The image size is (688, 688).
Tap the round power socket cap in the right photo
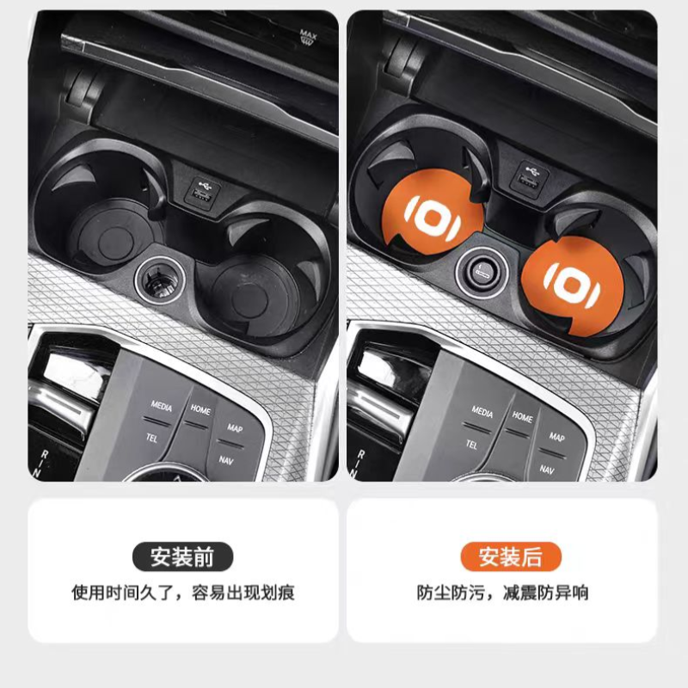482,272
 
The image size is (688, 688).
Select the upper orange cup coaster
433,212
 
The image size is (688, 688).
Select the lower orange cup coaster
572,286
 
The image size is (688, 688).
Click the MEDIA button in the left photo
161,406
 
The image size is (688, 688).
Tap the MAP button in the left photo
235,427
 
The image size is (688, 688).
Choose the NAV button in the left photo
226,460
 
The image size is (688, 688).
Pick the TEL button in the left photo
151,438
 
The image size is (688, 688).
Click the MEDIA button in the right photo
482,412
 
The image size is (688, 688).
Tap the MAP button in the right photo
556,437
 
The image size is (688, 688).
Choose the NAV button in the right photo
547,470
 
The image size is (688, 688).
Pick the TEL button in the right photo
471,445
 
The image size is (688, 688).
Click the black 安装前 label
182,556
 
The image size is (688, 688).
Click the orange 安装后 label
511,556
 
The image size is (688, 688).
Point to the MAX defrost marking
308,36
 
